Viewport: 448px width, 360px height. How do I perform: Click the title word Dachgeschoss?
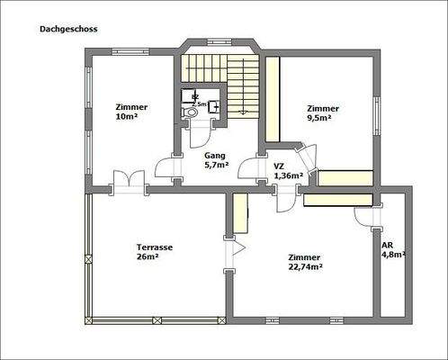coord(68,29)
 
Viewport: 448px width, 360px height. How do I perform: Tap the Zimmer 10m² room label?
coord(131,112)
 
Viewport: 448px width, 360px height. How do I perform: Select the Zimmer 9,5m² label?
coord(321,112)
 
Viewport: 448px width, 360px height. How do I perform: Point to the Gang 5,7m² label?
coord(217,160)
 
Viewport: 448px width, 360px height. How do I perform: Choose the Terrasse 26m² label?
coord(154,251)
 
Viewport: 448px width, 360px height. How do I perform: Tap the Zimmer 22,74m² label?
coord(306,261)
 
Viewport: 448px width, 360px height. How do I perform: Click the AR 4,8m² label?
coord(393,249)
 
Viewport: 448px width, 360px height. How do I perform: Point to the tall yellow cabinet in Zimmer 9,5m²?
coord(272,99)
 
